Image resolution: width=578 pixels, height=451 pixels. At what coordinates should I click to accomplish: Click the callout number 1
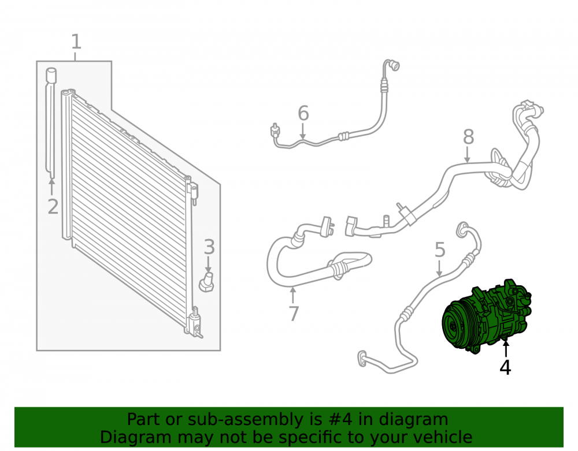tap(76, 42)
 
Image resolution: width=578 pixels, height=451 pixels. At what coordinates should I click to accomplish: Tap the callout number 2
tap(53, 207)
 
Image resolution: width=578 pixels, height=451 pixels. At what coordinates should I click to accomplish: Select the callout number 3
tap(209, 247)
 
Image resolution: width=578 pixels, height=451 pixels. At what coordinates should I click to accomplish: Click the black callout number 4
tap(505, 367)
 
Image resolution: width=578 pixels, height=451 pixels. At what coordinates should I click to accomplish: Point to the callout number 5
tap(440, 250)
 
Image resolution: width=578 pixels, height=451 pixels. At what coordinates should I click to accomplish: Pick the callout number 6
tap(303, 113)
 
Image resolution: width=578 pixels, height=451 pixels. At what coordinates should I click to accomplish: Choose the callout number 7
tap(294, 314)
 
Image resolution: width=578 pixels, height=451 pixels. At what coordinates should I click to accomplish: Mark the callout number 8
tap(468, 137)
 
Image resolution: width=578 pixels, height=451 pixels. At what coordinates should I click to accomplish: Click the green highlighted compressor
tap(487, 316)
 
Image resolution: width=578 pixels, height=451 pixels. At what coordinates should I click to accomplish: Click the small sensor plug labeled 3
tap(206, 283)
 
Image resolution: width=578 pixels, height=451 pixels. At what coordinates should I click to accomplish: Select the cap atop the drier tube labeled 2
tap(51, 74)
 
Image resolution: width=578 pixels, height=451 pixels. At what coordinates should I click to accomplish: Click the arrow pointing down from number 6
tap(303, 131)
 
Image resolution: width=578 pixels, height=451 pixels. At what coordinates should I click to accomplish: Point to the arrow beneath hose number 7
tap(292, 295)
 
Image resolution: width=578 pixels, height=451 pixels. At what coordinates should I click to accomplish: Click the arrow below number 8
tap(468, 155)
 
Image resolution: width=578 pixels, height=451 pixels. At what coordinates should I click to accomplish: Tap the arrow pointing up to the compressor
tap(506, 348)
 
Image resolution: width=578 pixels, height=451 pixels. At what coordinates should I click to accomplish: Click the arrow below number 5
tap(439, 268)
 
